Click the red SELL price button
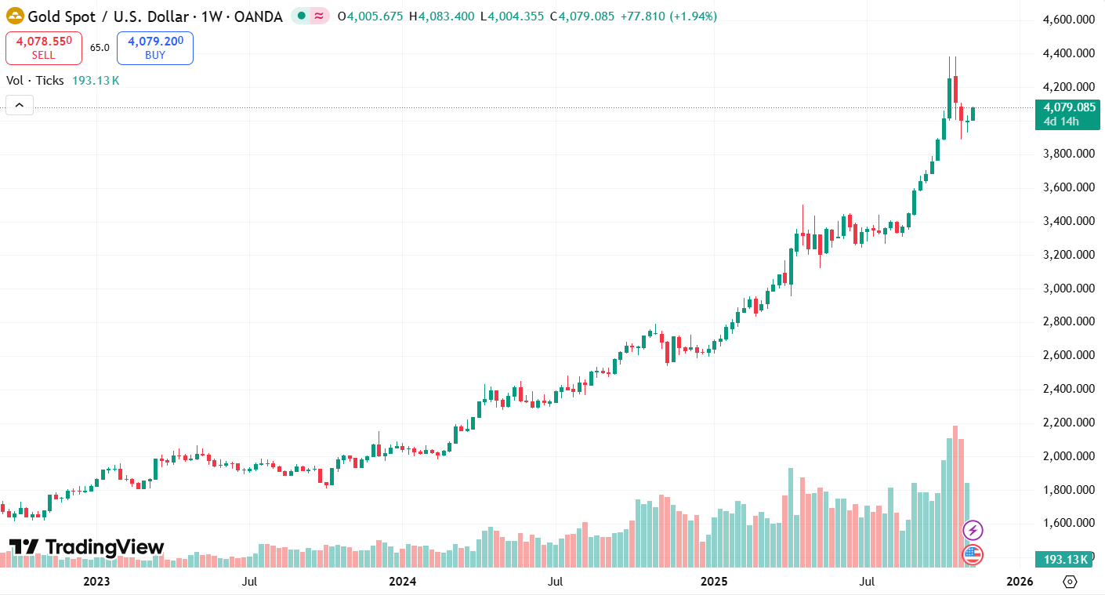click(44, 48)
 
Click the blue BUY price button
click(155, 48)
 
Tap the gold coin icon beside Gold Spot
click(15, 16)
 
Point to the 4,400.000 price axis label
click(1068, 53)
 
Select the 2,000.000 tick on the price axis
click(1068, 456)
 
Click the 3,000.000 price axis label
click(1068, 288)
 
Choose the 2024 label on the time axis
click(402, 582)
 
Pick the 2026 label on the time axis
click(1018, 582)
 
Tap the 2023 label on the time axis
click(96, 582)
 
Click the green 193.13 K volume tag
click(1067, 559)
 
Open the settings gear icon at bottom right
click(1071, 582)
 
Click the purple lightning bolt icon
click(973, 531)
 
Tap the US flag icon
click(973, 555)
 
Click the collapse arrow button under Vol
click(20, 104)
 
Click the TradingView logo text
click(87, 547)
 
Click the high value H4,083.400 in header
click(441, 16)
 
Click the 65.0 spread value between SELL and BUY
click(100, 48)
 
